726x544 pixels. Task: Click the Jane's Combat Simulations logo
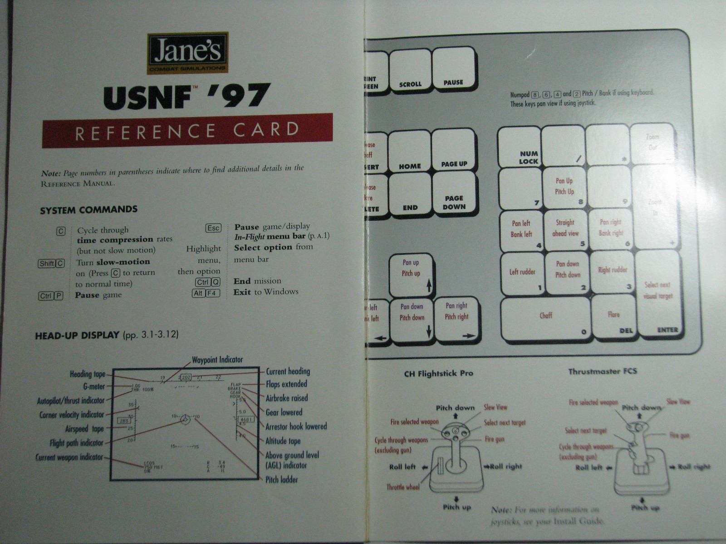coord(187,53)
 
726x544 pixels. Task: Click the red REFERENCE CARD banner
coord(187,131)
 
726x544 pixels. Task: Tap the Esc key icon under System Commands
coord(213,228)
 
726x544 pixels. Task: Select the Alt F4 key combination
coord(206,293)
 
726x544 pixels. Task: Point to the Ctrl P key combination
coord(51,296)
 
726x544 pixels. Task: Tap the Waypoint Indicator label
coord(217,360)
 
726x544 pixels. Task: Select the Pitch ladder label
coord(281,480)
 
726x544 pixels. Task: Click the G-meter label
coord(94,387)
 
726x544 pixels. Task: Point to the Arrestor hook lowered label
coord(296,427)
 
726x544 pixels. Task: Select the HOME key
coord(410,151)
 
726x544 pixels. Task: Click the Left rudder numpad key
coord(522,273)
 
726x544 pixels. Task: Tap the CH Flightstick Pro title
coord(438,374)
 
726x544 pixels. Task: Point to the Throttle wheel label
coord(403,487)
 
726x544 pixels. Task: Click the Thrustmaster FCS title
coord(603,372)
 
